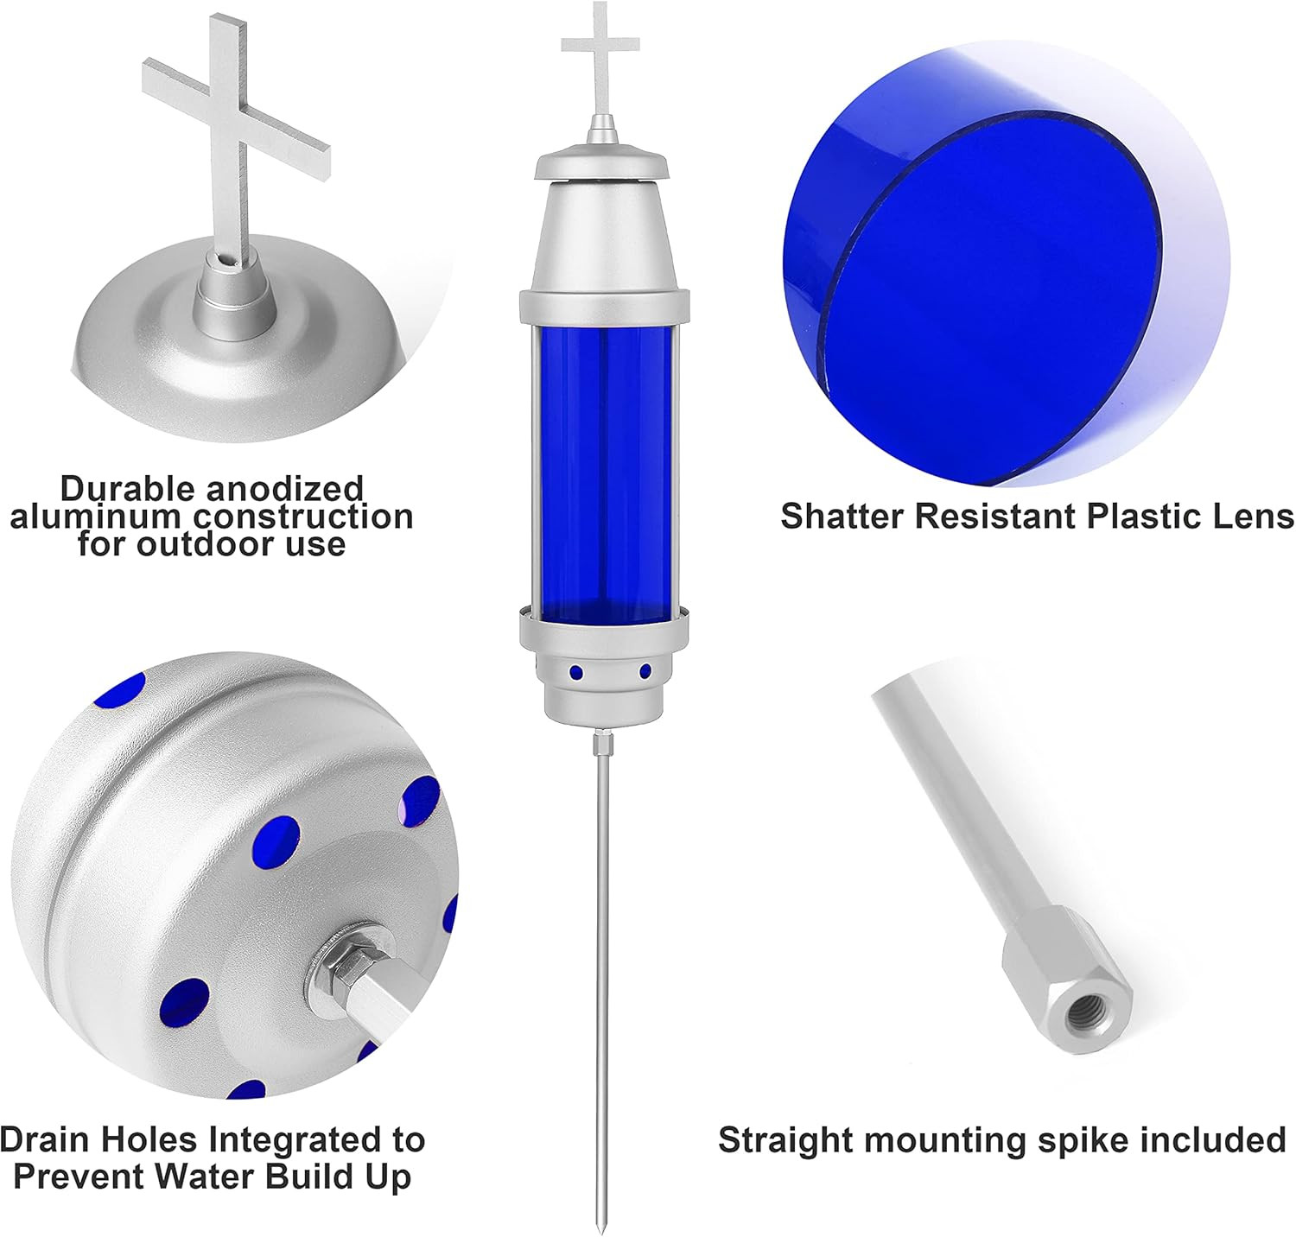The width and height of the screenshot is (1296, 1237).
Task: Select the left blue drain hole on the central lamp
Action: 574,672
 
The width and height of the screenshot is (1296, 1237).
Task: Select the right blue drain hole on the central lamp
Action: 645,671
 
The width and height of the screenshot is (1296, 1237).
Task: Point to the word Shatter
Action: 842,516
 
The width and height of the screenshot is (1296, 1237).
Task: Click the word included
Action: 1213,1140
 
